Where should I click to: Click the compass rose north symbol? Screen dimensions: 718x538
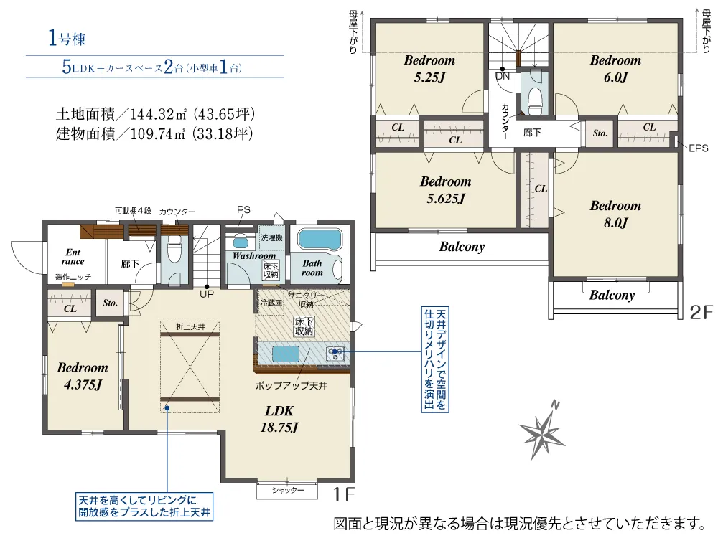542,430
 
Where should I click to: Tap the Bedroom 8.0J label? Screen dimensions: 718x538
615,214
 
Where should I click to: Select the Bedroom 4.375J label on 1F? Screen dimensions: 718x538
83,376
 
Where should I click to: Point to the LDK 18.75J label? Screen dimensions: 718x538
279,419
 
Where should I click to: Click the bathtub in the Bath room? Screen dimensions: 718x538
320,240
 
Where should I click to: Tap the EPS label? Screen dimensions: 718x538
699,148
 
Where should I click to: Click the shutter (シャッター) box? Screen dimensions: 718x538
287,491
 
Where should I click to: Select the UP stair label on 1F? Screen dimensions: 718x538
207,294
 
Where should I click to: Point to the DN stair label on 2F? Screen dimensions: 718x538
503,77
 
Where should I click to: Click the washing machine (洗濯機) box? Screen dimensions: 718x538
271,238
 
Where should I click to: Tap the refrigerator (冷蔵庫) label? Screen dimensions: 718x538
271,303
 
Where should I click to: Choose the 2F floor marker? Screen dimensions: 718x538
701,312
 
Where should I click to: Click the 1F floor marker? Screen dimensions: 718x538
343,494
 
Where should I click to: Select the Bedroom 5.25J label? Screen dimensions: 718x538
429,69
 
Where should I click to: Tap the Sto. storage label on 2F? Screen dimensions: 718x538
600,133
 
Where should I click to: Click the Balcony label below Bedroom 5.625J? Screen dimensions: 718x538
462,247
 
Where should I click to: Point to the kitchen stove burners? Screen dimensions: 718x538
335,353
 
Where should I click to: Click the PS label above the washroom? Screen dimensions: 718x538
243,210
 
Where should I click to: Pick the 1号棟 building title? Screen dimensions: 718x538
67,39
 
